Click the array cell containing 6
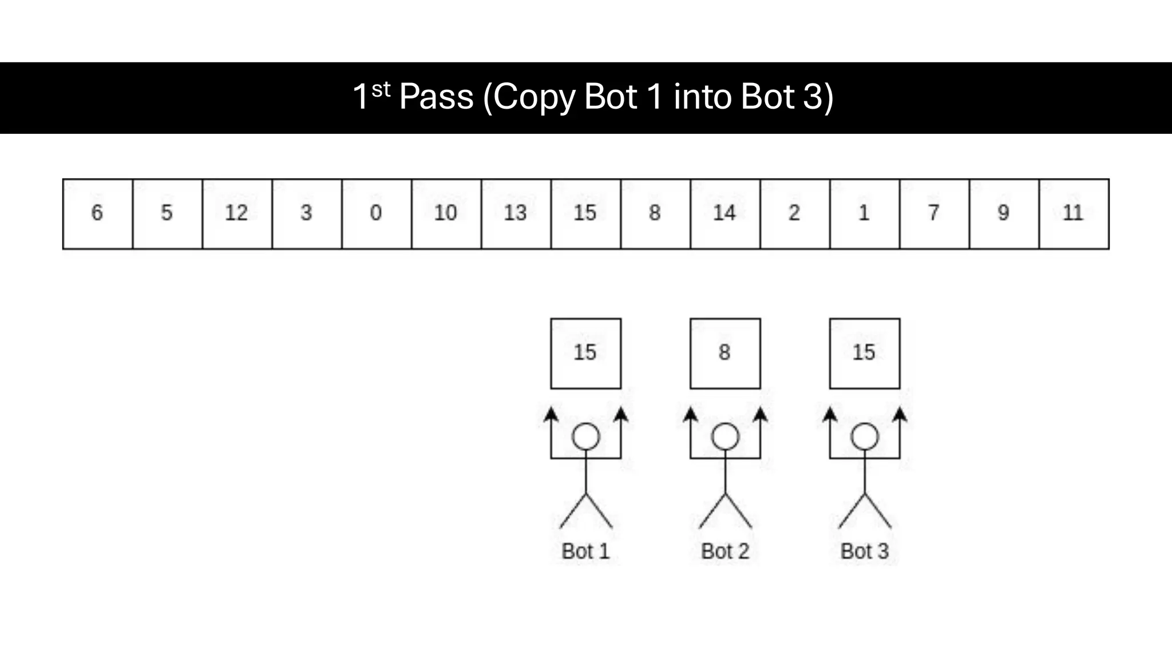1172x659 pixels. (97, 214)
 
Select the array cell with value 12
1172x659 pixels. (237, 214)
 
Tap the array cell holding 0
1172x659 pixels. (376, 214)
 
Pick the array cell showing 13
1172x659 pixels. (516, 214)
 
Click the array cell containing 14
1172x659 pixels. (725, 214)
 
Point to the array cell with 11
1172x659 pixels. (1074, 214)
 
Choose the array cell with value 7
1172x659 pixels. (934, 214)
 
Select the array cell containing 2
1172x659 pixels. (794, 214)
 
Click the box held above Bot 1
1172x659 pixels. (585, 354)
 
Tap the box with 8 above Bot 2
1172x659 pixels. (725, 354)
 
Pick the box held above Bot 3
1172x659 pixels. (864, 354)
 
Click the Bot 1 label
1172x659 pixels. (585, 551)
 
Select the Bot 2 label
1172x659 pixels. (725, 551)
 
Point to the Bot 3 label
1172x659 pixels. (864, 551)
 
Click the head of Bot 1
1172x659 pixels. (585, 437)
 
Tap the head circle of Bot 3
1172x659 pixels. (864, 437)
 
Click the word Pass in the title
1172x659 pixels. (436, 97)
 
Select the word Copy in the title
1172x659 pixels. (533, 97)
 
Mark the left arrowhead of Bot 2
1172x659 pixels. (691, 414)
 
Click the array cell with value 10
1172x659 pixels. (446, 214)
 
